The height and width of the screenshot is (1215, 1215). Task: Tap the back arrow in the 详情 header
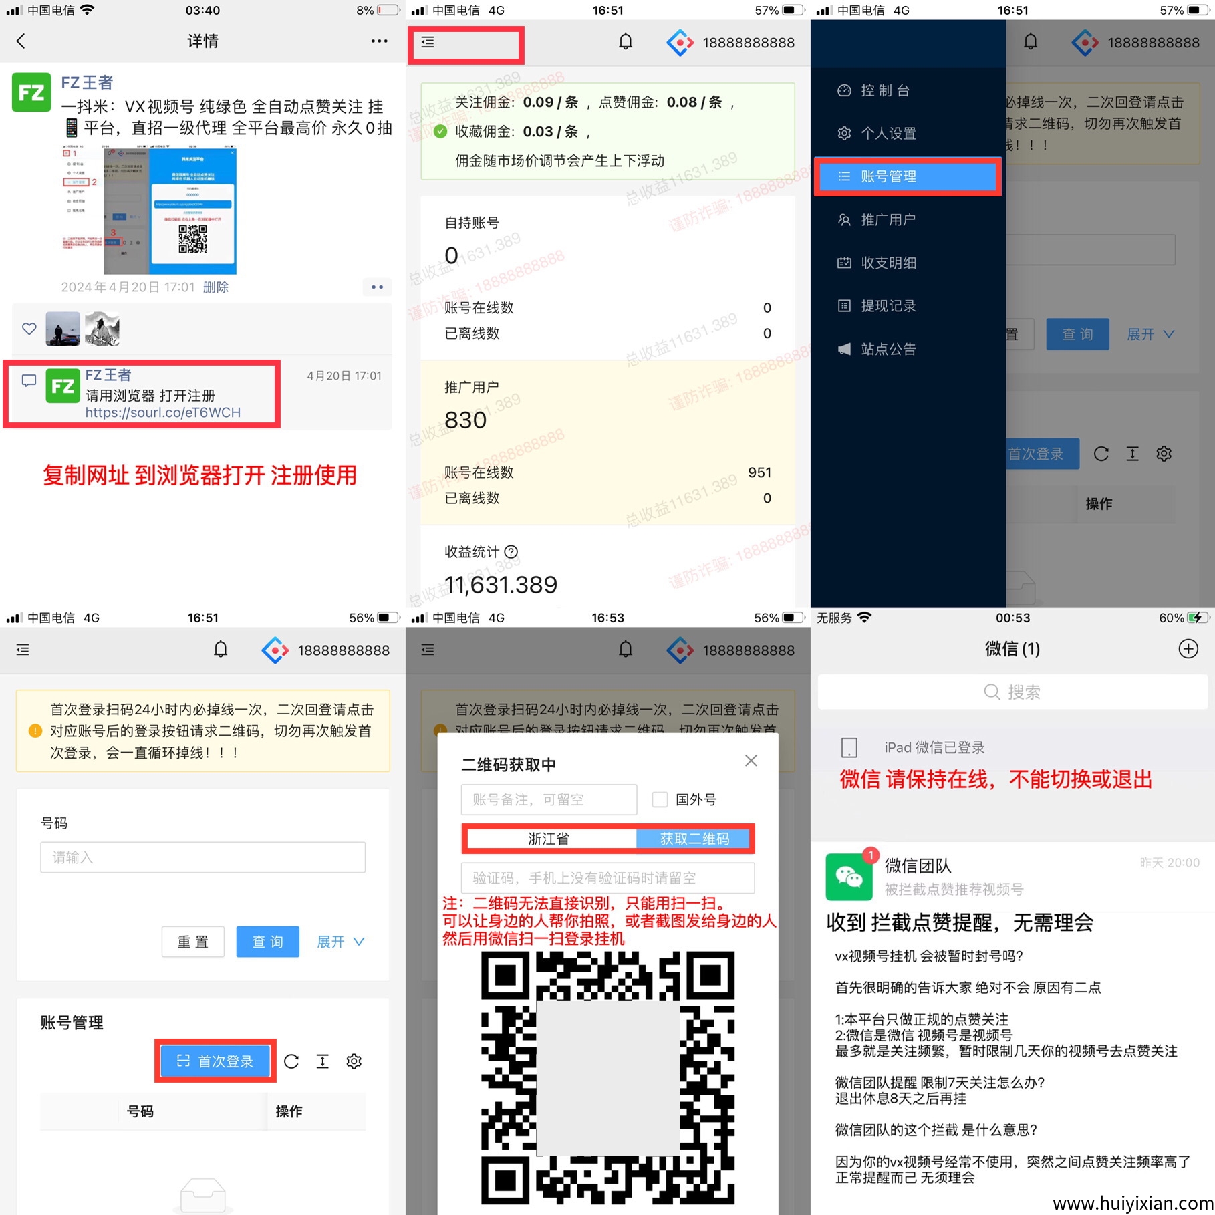click(21, 41)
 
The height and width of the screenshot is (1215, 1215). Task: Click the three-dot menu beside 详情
click(379, 41)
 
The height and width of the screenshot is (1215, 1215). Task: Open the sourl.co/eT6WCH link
click(162, 412)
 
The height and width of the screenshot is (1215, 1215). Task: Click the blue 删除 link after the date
click(215, 287)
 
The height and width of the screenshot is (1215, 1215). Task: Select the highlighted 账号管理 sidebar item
click(907, 176)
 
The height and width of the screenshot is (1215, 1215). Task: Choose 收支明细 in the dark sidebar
click(888, 263)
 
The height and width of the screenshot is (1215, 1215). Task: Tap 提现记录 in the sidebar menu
click(888, 306)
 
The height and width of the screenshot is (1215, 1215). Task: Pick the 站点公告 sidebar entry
click(888, 349)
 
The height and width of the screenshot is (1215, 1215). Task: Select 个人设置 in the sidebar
click(888, 134)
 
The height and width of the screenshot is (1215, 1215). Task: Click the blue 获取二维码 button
click(694, 839)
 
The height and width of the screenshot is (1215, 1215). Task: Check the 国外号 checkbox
click(660, 799)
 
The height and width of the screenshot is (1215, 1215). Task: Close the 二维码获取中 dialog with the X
click(751, 761)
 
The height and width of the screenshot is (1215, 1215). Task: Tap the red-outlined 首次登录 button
click(216, 1061)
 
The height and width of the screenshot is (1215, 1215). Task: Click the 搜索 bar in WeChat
click(1012, 692)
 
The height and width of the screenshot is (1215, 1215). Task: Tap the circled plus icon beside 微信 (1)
click(1188, 649)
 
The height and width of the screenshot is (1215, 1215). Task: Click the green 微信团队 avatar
click(849, 877)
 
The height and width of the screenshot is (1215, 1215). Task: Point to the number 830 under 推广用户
click(465, 420)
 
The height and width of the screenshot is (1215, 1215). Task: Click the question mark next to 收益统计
click(511, 552)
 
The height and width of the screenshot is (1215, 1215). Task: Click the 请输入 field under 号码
click(202, 857)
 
